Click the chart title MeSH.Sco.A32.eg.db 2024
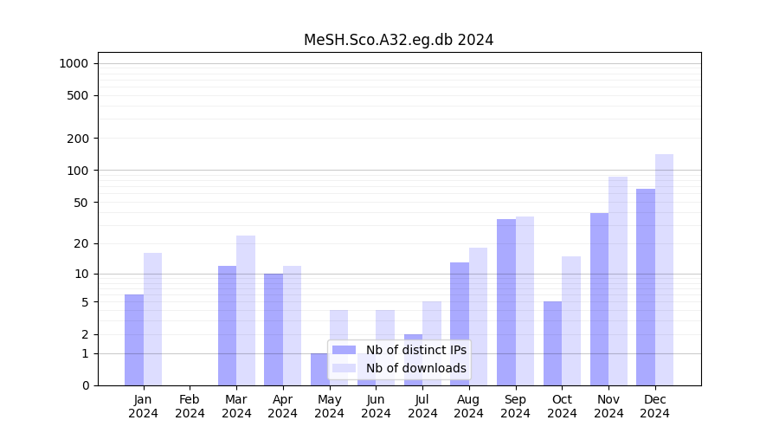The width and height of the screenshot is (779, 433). (398, 40)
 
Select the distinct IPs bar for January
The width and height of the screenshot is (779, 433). (134, 339)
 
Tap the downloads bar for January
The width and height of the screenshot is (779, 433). (152, 319)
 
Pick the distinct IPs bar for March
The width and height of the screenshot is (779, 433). (227, 326)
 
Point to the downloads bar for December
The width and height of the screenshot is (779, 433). (664, 269)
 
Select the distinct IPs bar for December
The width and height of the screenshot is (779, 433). (646, 287)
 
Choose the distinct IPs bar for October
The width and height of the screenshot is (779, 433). (552, 343)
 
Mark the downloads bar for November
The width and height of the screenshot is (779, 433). (617, 281)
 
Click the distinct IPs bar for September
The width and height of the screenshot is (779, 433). (505, 302)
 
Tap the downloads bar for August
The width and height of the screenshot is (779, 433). (478, 316)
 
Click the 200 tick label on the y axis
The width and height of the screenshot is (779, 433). (77, 139)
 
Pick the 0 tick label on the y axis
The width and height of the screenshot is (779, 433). (85, 385)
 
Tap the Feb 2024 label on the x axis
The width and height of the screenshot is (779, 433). (190, 406)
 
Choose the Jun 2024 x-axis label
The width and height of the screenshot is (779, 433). (376, 406)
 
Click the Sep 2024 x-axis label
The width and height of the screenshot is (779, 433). (515, 406)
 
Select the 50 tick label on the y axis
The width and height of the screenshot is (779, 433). (80, 203)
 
